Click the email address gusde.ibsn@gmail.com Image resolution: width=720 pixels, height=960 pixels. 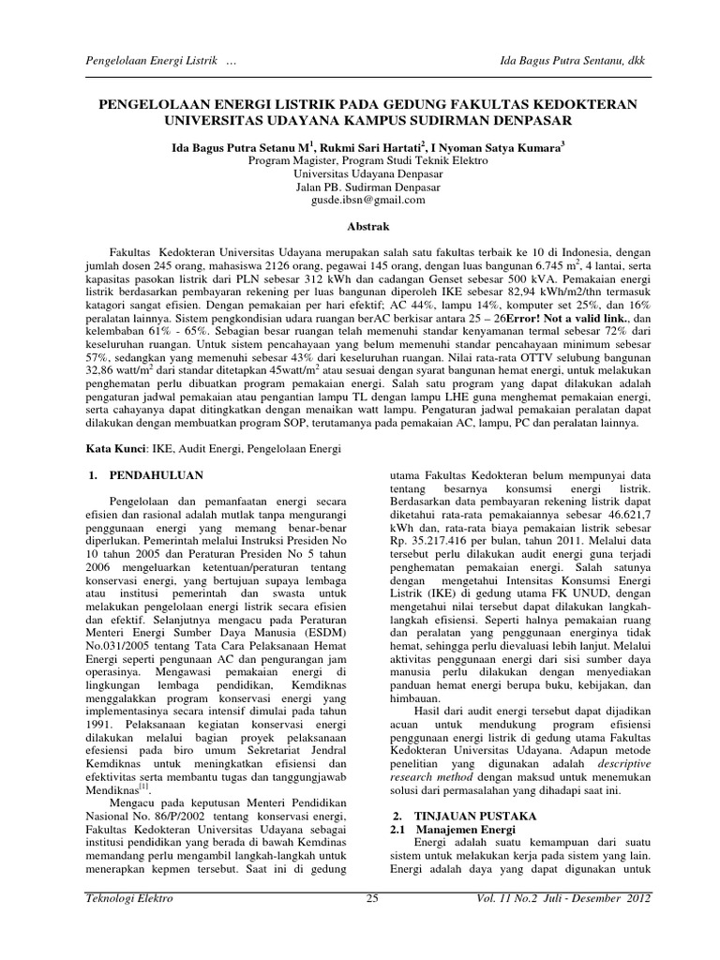pyautogui.click(x=361, y=200)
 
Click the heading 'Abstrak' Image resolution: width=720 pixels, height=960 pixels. pyautogui.click(x=360, y=226)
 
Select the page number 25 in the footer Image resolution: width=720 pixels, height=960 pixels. pyautogui.click(x=371, y=925)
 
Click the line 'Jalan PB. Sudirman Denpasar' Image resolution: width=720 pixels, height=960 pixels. pyautogui.click(x=361, y=187)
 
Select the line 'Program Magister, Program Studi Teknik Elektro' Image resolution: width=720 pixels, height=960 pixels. pyautogui.click(x=361, y=160)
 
